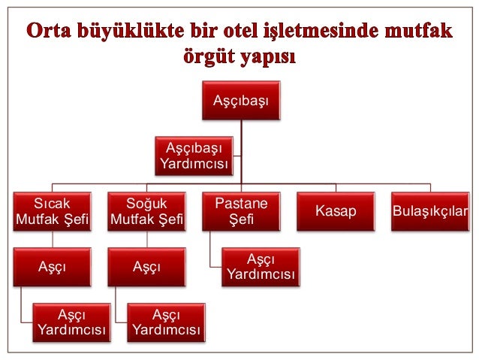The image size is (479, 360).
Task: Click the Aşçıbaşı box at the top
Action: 242,99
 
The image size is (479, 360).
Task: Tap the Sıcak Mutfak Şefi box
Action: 53,211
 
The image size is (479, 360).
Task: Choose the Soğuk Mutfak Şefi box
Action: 147,211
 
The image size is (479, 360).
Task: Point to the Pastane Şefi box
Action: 242,211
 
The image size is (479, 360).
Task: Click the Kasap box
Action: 336,211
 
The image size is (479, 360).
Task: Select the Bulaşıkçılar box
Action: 430,211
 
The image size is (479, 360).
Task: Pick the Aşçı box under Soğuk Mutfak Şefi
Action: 147,266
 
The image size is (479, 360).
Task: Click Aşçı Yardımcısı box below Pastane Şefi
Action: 261,267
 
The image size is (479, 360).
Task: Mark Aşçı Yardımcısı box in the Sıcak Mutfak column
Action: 72,322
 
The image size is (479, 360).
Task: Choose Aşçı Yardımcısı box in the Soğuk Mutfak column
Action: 166,322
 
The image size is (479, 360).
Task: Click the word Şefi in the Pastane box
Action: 242,219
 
